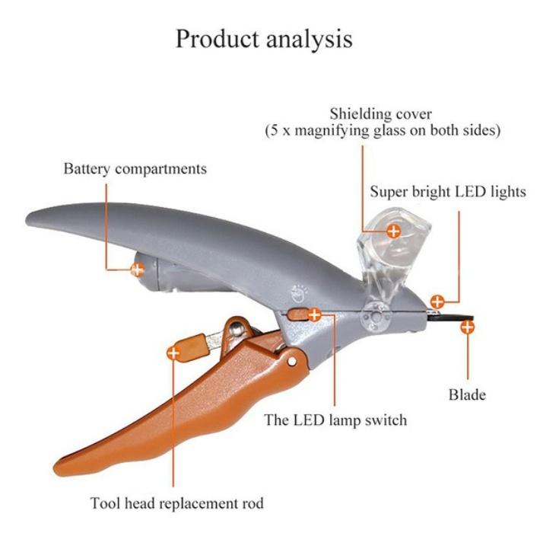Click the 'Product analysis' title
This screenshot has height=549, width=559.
(264, 39)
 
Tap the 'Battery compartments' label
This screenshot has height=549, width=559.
(135, 169)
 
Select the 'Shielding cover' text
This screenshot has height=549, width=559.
(380, 114)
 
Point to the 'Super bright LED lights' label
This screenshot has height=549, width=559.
(448, 192)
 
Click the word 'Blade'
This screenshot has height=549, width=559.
(467, 394)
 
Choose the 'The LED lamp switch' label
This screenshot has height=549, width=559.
(335, 420)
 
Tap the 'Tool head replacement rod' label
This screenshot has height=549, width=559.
(177, 503)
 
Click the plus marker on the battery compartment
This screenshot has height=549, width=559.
(137, 270)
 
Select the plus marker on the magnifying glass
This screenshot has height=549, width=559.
(394, 231)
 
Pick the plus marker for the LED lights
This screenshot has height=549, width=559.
(437, 302)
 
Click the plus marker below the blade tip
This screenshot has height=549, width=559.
(468, 327)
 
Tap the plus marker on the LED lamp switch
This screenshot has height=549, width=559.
(314, 314)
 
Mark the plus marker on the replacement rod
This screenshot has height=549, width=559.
(173, 353)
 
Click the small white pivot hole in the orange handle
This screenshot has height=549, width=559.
(292, 362)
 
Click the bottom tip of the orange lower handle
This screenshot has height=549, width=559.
(55, 468)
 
